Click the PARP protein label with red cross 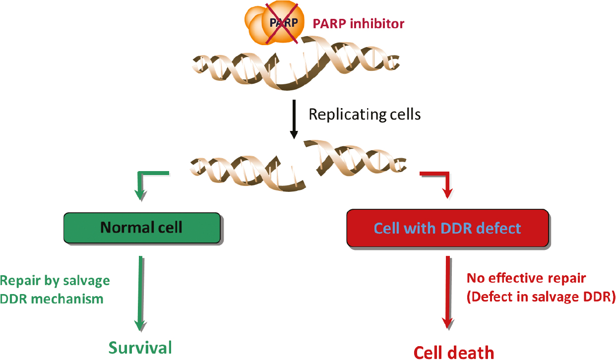point(283,23)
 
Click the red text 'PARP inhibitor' point(358,23)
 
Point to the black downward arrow point(294,120)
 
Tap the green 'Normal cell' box point(142,228)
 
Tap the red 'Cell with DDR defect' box point(447,228)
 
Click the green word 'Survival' point(140,347)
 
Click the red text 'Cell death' point(454,352)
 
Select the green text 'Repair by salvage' point(55,281)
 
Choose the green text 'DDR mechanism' point(52,299)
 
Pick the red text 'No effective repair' point(526,278)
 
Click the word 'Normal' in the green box point(125,228)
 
